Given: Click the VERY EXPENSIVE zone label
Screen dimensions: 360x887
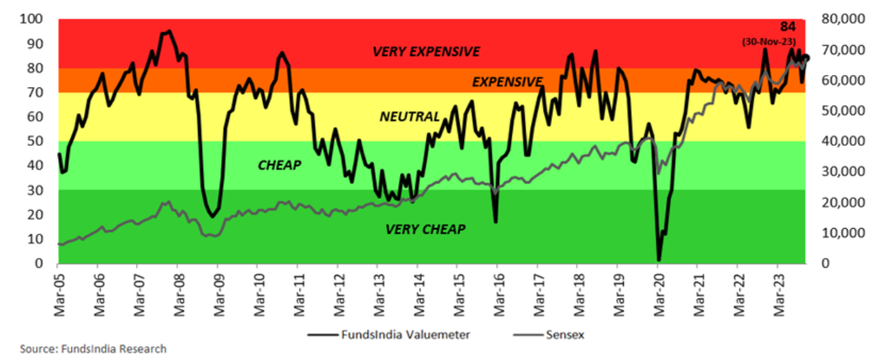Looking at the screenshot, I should [426, 52].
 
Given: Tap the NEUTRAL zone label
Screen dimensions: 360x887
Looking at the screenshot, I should [410, 117].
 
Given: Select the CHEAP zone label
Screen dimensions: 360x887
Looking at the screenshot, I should [279, 165].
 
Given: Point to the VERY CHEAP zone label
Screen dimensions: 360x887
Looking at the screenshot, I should [425, 230].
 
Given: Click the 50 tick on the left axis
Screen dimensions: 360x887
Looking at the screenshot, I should [37, 141].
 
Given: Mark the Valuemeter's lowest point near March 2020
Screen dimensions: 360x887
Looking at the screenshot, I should [659, 259].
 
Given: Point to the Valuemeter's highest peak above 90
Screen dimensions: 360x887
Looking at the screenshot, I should [169, 31].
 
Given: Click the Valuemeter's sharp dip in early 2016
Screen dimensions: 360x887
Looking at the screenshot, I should [496, 221].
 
